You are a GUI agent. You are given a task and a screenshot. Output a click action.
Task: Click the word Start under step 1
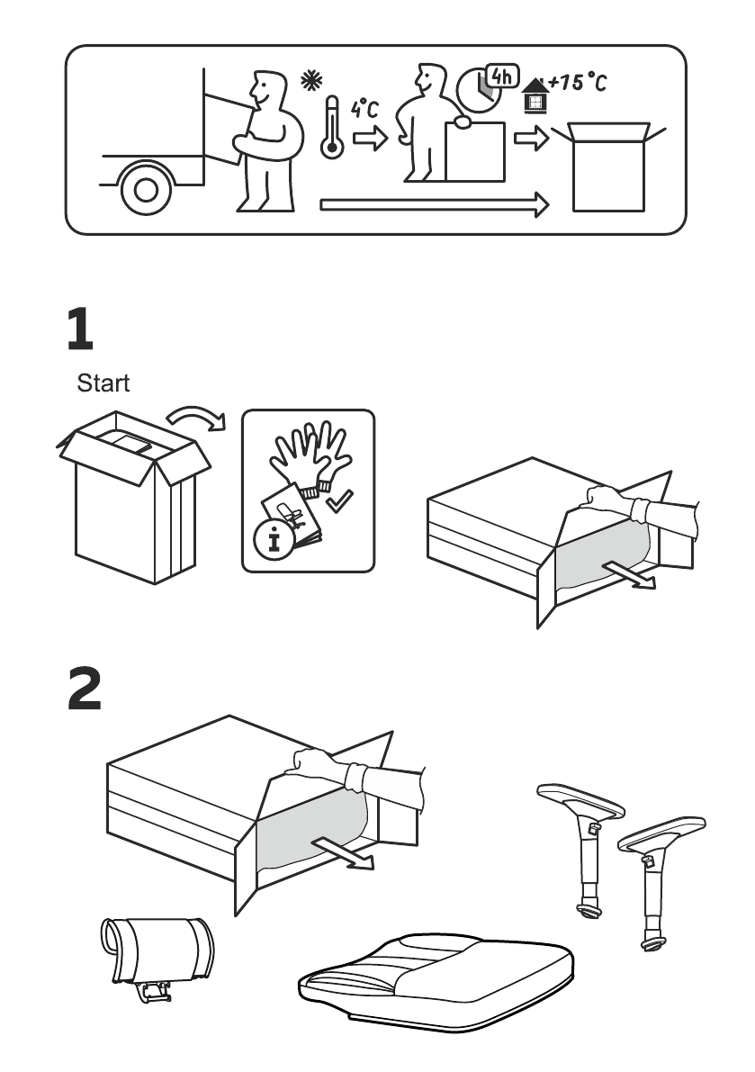[103, 383]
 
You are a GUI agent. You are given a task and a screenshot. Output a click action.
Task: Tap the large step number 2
[85, 689]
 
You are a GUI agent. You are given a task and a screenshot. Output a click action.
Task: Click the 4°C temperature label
[364, 110]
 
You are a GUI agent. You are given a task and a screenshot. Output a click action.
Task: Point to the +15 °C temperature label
[577, 84]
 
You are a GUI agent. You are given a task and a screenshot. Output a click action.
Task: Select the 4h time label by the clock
[501, 77]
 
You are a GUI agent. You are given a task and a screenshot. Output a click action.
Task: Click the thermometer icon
[331, 130]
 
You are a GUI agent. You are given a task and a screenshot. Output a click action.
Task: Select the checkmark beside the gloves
[339, 502]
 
